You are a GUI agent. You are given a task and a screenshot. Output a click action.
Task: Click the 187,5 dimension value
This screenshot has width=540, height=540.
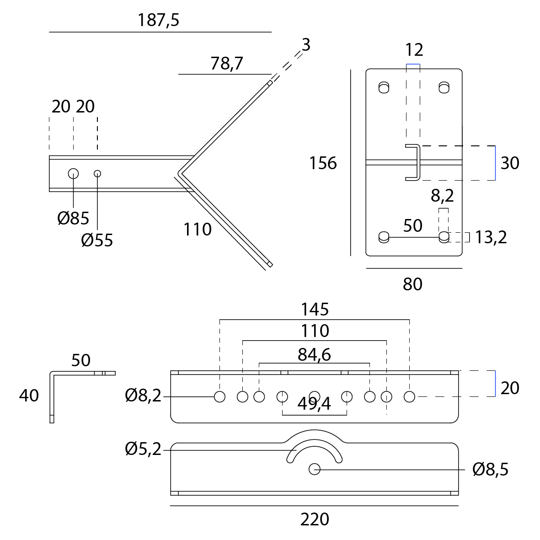point(158,21)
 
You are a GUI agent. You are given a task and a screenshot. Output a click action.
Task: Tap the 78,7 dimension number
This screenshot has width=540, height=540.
point(227,64)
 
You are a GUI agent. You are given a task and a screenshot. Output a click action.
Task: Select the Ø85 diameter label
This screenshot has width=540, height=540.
point(73,218)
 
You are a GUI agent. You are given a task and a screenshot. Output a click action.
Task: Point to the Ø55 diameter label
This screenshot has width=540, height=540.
point(97,240)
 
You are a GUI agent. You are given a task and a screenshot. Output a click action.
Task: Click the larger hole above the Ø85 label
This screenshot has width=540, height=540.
point(73,173)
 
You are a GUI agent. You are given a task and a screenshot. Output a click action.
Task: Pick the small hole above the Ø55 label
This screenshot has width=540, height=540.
point(97,173)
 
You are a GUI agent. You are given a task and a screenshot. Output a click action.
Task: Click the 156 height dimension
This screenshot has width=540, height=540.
point(323,163)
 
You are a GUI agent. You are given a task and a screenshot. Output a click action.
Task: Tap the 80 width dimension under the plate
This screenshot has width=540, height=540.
point(412,284)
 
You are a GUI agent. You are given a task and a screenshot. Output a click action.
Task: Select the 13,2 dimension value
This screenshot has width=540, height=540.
point(491,237)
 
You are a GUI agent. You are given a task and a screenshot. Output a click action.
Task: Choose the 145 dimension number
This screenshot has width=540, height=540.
point(315,310)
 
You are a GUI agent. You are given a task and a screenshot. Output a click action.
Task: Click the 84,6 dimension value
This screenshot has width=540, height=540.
point(314,354)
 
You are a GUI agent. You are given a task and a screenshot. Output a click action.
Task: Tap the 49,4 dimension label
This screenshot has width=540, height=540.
point(314,404)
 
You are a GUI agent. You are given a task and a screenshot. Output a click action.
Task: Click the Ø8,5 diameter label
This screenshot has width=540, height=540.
point(490,470)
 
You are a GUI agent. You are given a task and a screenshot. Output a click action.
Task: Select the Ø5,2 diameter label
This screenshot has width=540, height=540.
point(143,450)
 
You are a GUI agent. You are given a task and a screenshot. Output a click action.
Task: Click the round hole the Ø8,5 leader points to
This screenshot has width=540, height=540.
point(314,469)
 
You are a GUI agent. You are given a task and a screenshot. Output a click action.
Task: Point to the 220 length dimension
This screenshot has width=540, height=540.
point(315,519)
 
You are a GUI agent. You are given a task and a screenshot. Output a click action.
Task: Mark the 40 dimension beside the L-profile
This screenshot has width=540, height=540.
point(29,396)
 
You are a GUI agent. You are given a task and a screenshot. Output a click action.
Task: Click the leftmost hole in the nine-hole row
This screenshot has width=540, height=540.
point(219,396)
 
